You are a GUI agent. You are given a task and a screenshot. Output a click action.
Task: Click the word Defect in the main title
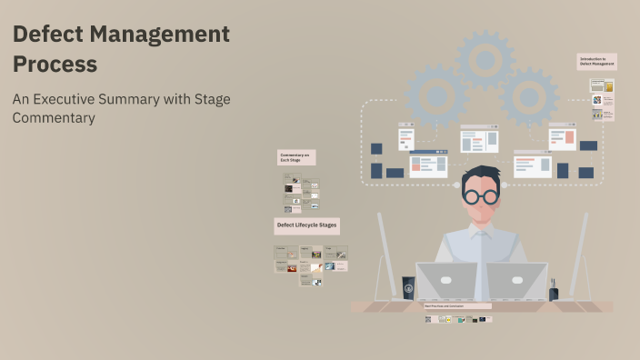46,35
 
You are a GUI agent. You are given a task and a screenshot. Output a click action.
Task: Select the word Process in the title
55,65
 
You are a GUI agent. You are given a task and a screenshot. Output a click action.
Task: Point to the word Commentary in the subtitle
54,117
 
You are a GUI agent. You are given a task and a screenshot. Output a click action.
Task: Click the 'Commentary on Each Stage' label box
295,157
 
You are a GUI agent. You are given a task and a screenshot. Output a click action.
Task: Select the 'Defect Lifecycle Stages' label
306,225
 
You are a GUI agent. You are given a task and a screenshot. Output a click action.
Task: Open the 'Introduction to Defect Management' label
597,62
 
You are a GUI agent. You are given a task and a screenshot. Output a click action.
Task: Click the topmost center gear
485,59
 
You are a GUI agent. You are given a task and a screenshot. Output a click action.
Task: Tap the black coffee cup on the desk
408,288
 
